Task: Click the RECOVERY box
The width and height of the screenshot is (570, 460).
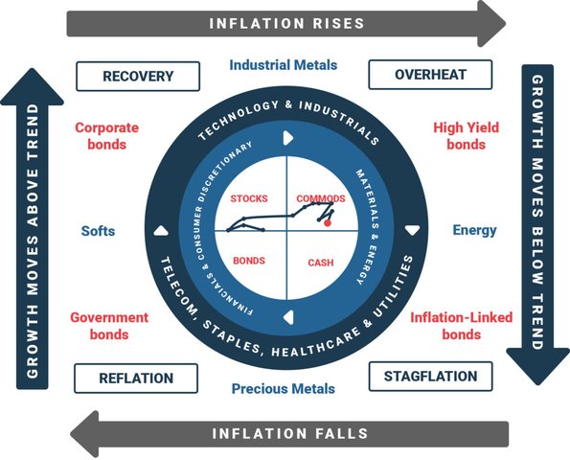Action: [x=138, y=77]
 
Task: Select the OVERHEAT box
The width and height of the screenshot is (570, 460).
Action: [x=430, y=75]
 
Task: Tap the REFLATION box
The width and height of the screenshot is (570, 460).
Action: [x=136, y=379]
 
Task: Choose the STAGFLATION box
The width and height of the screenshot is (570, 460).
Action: [x=431, y=377]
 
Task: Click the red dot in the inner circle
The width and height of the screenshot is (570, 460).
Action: [x=328, y=223]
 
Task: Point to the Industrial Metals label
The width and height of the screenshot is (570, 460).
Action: [x=284, y=65]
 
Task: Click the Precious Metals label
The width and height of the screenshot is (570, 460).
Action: [x=284, y=389]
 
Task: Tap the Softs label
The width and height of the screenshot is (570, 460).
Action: [x=98, y=231]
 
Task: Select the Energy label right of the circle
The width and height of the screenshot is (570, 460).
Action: [x=474, y=230]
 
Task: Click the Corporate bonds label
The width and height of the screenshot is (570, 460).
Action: [x=107, y=136]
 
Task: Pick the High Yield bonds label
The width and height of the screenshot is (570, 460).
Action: [x=466, y=136]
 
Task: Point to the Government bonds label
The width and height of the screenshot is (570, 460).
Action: [x=109, y=326]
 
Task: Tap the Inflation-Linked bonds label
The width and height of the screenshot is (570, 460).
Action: [x=462, y=326]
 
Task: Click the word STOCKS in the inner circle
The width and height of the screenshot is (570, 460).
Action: [x=249, y=198]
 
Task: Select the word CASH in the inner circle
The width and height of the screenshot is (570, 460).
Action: [x=321, y=263]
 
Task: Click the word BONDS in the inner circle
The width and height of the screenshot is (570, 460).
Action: [x=249, y=261]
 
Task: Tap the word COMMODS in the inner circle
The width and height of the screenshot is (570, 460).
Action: [x=321, y=198]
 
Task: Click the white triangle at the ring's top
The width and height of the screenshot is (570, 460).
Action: [x=287, y=138]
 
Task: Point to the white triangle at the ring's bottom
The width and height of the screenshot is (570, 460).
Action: [x=288, y=317]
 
